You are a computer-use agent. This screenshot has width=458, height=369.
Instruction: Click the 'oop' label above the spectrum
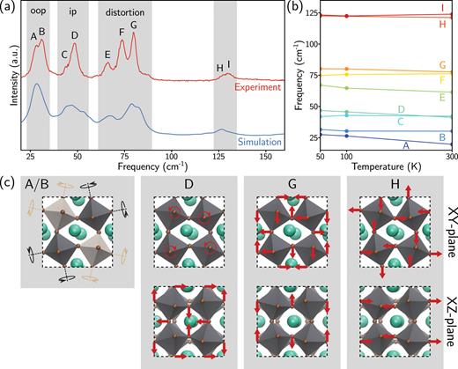35,15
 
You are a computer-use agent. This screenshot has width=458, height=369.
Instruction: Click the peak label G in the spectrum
133,26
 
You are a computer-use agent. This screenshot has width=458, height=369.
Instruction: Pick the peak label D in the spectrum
74,35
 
